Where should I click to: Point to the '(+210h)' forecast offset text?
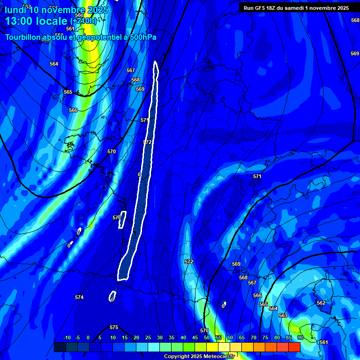[x=83, y=21]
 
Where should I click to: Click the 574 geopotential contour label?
[x=79, y=298]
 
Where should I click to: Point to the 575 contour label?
[x=114, y=327]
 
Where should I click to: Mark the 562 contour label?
[x=321, y=303]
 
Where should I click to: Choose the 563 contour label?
[x=283, y=315]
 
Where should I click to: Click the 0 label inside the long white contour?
[x=139, y=174]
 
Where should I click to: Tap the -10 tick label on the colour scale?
[x=67, y=337]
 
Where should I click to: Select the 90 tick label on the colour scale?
[x=300, y=337]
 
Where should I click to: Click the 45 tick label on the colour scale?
[x=195, y=337]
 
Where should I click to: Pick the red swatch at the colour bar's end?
[x=294, y=347]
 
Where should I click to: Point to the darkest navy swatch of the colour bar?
[x=60, y=347]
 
